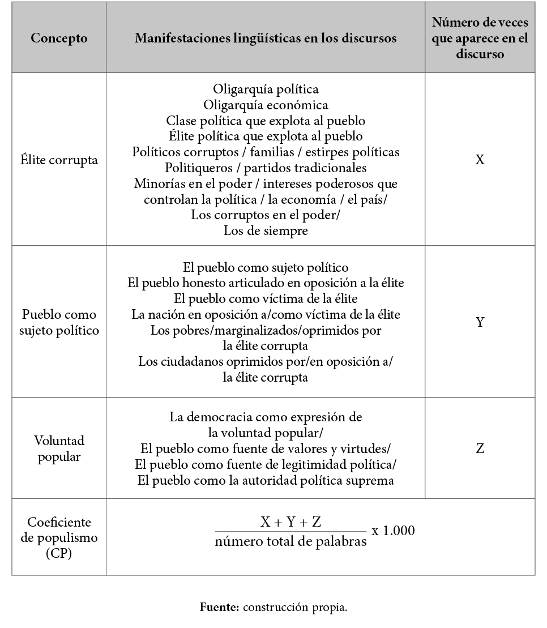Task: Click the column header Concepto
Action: click(x=59, y=39)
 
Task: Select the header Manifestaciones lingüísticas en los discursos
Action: click(x=265, y=39)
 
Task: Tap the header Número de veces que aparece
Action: click(x=480, y=39)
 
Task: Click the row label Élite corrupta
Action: click(x=59, y=160)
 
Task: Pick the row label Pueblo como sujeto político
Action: click(x=59, y=322)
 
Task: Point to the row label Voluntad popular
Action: click(x=59, y=448)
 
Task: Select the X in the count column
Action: click(x=480, y=160)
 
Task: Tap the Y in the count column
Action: click(x=480, y=322)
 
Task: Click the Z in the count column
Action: click(x=480, y=448)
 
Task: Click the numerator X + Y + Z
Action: click(x=290, y=522)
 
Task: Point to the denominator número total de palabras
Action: click(x=290, y=542)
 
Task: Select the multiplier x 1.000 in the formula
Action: click(x=393, y=531)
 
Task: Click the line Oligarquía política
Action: click(x=266, y=89)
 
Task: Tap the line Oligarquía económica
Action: click(x=266, y=105)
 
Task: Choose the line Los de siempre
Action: click(x=266, y=231)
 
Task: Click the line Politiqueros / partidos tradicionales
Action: click(x=266, y=168)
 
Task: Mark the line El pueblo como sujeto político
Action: click(x=266, y=267)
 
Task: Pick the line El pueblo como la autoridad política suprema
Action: click(x=266, y=481)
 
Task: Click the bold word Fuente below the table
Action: click(x=220, y=608)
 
